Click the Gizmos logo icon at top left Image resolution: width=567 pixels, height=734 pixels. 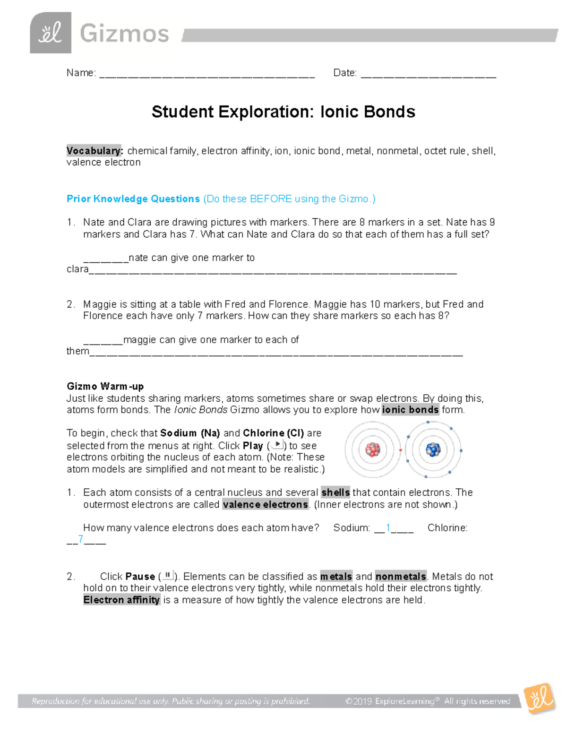tap(51, 33)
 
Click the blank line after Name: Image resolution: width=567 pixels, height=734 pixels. tap(206, 74)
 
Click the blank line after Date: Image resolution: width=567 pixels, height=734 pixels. tap(428, 74)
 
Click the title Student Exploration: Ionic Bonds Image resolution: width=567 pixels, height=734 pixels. tap(283, 112)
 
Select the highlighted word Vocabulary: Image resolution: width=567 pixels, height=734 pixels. tap(94, 151)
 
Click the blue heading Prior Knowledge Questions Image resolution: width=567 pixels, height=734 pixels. tap(133, 199)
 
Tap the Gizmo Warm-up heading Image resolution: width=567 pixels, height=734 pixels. tap(105, 386)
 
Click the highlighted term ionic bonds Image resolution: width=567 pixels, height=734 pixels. tap(410, 410)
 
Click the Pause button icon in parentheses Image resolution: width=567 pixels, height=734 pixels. tap(168, 575)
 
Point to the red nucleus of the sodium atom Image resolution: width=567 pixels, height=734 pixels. tap(373, 449)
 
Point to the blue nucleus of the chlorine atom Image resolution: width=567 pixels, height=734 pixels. tap(433, 449)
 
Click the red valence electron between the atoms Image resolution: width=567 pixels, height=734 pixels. tap(401, 450)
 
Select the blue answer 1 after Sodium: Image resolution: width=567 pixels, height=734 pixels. tap(388, 527)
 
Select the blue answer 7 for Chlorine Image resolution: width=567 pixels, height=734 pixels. tap(81, 539)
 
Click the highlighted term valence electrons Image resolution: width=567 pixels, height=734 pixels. tap(265, 505)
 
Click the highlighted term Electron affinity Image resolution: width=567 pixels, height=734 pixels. tap(122, 600)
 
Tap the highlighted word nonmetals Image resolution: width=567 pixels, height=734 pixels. tap(401, 577)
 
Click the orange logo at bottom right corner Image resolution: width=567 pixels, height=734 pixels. tap(540, 698)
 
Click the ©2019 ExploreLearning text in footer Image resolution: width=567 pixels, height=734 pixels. tap(390, 701)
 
